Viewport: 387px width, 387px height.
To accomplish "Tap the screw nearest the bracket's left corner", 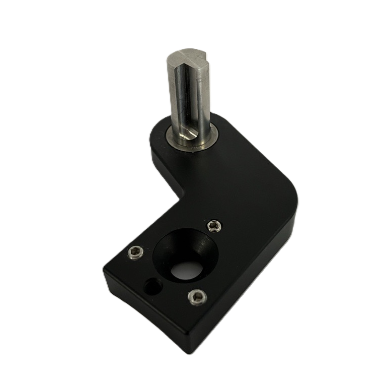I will click(x=136, y=251).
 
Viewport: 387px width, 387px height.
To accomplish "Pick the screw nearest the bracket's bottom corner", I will click(x=196, y=297).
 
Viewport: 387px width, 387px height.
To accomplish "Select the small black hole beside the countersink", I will click(x=151, y=287).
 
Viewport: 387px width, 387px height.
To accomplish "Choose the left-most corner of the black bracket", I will click(x=103, y=269).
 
